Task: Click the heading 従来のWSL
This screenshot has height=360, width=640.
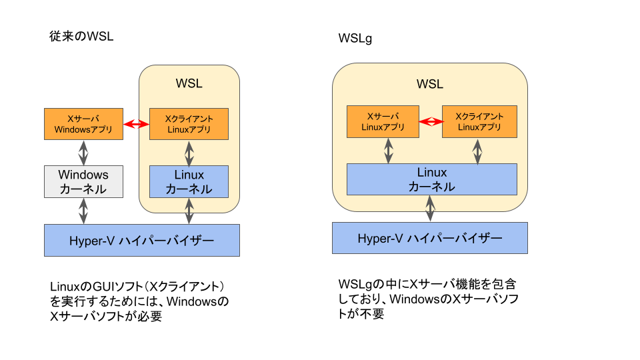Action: point(82,37)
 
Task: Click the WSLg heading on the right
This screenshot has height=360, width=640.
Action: point(355,39)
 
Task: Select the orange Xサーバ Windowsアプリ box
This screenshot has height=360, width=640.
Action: point(83,124)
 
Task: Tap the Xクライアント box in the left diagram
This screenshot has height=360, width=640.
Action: point(189,124)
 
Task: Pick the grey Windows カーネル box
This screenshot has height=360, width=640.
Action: point(83,182)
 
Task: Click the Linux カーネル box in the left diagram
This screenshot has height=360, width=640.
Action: point(189,182)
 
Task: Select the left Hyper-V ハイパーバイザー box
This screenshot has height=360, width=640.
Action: point(141,241)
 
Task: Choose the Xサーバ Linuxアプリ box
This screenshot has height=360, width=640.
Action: point(383,121)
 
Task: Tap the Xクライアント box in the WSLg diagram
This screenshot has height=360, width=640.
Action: point(479,121)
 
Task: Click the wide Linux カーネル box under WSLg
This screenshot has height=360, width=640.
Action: point(432,179)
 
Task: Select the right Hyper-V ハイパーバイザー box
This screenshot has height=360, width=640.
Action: point(430,238)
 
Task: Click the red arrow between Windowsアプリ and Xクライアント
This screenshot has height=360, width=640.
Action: point(137,124)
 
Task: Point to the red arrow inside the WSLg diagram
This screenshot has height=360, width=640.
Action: point(431,121)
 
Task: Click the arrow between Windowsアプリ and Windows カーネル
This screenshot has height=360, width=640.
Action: point(83,153)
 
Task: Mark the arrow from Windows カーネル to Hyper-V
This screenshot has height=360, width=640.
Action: point(83,211)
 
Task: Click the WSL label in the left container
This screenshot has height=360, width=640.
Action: point(189,83)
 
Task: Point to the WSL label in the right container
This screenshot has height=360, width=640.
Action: point(430,85)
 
